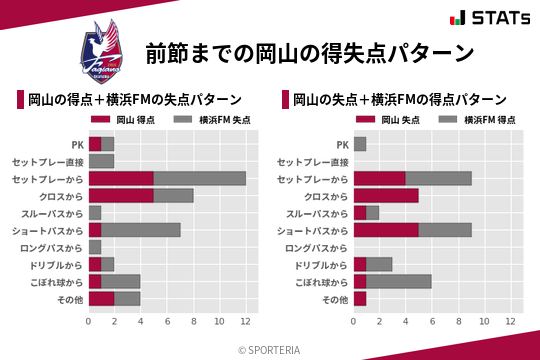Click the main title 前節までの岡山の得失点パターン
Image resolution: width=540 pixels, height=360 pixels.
pos(309,52)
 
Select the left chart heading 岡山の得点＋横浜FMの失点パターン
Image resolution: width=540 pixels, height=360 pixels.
pos(135,100)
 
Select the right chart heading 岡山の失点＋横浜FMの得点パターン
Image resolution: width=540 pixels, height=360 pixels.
pos(400,100)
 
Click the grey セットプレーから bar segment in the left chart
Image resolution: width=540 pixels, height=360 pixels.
pos(200,178)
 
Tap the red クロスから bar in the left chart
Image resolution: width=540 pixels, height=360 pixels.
pos(121,196)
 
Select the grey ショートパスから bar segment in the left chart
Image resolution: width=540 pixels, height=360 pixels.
pos(141,230)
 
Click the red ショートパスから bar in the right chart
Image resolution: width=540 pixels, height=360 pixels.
pos(386,230)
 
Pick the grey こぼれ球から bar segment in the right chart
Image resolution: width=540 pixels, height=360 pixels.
pos(399,282)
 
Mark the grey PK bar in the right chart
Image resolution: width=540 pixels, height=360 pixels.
pos(360,144)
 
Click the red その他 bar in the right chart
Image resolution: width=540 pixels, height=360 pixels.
pos(360,299)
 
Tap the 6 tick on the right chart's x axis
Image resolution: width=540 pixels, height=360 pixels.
pos(432,322)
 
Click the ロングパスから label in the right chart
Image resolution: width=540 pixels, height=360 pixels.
pos(317,247)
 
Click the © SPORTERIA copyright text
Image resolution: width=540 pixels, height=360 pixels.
pos(270,349)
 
